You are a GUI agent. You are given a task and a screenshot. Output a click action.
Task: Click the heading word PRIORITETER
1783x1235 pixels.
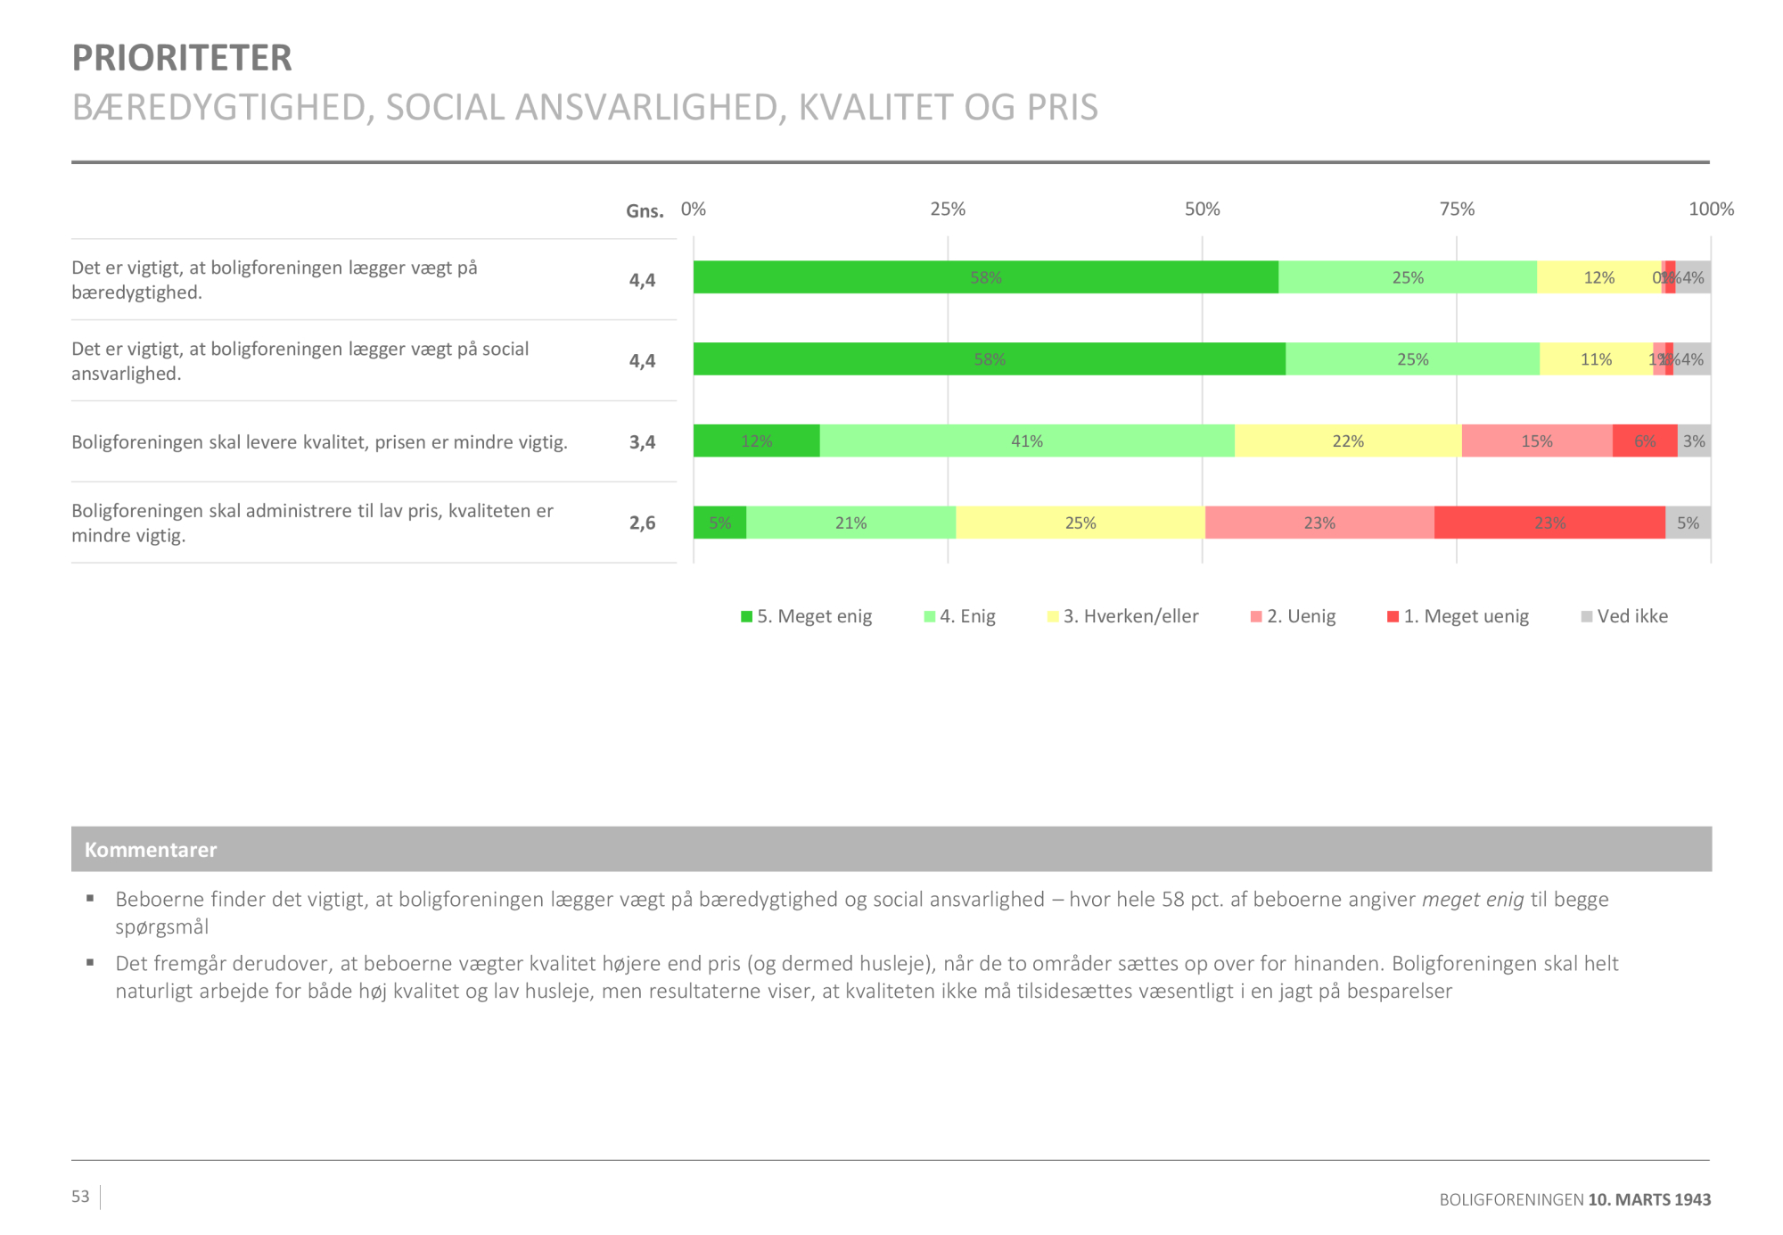tap(182, 58)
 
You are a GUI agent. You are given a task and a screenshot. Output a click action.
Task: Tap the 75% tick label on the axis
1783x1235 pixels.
tap(1457, 209)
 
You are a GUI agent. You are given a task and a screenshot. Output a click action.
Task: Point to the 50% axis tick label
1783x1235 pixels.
tap(1202, 209)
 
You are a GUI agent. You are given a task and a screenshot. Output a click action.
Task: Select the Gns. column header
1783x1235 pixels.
tap(645, 211)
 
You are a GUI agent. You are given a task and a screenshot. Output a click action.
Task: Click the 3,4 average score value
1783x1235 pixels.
tap(642, 442)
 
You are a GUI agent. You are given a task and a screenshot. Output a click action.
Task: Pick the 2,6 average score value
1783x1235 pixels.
tap(642, 523)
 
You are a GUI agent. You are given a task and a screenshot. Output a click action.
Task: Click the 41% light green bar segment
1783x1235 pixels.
tap(1027, 441)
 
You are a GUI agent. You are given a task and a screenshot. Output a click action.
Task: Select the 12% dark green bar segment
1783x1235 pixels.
tap(756, 441)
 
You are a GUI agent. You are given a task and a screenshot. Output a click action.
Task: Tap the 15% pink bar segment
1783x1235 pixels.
tap(1537, 441)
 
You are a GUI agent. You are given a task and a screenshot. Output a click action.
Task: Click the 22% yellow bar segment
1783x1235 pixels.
tap(1348, 441)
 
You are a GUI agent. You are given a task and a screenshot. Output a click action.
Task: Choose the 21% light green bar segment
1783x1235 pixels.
tap(850, 523)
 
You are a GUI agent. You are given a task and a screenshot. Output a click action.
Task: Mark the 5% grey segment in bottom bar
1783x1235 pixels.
tap(1688, 523)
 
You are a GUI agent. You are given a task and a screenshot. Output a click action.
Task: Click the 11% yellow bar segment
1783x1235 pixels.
tap(1596, 359)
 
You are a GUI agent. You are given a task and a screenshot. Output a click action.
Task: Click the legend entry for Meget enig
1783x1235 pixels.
tap(806, 616)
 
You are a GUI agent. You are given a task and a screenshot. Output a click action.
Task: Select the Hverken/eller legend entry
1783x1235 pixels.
tap(1123, 616)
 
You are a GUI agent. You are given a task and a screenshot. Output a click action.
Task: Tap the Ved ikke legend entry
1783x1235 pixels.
tap(1624, 616)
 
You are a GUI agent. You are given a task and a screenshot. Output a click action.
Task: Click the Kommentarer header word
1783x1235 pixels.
tap(151, 850)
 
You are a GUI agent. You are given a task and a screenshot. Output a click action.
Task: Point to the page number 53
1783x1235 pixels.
tap(80, 1197)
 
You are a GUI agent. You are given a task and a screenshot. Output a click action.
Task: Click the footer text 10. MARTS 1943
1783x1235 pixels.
tap(1649, 1200)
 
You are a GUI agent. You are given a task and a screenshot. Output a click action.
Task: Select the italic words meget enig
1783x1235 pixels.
tap(1473, 900)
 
